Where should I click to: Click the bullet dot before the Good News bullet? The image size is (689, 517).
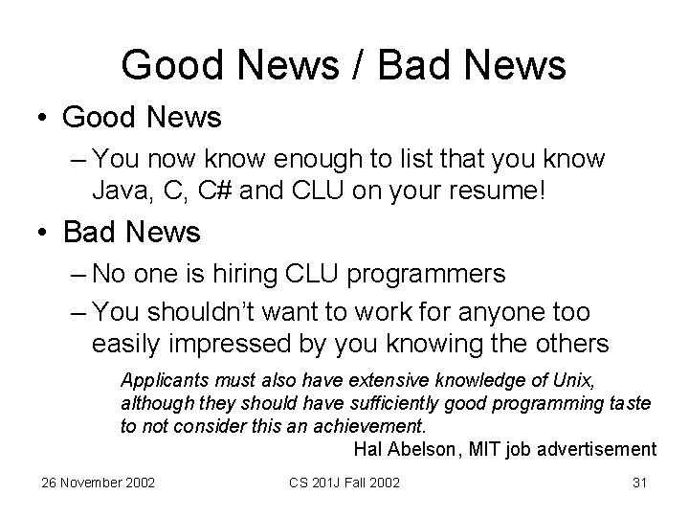click(x=43, y=119)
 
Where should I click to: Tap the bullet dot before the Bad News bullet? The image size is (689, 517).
click(x=43, y=233)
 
